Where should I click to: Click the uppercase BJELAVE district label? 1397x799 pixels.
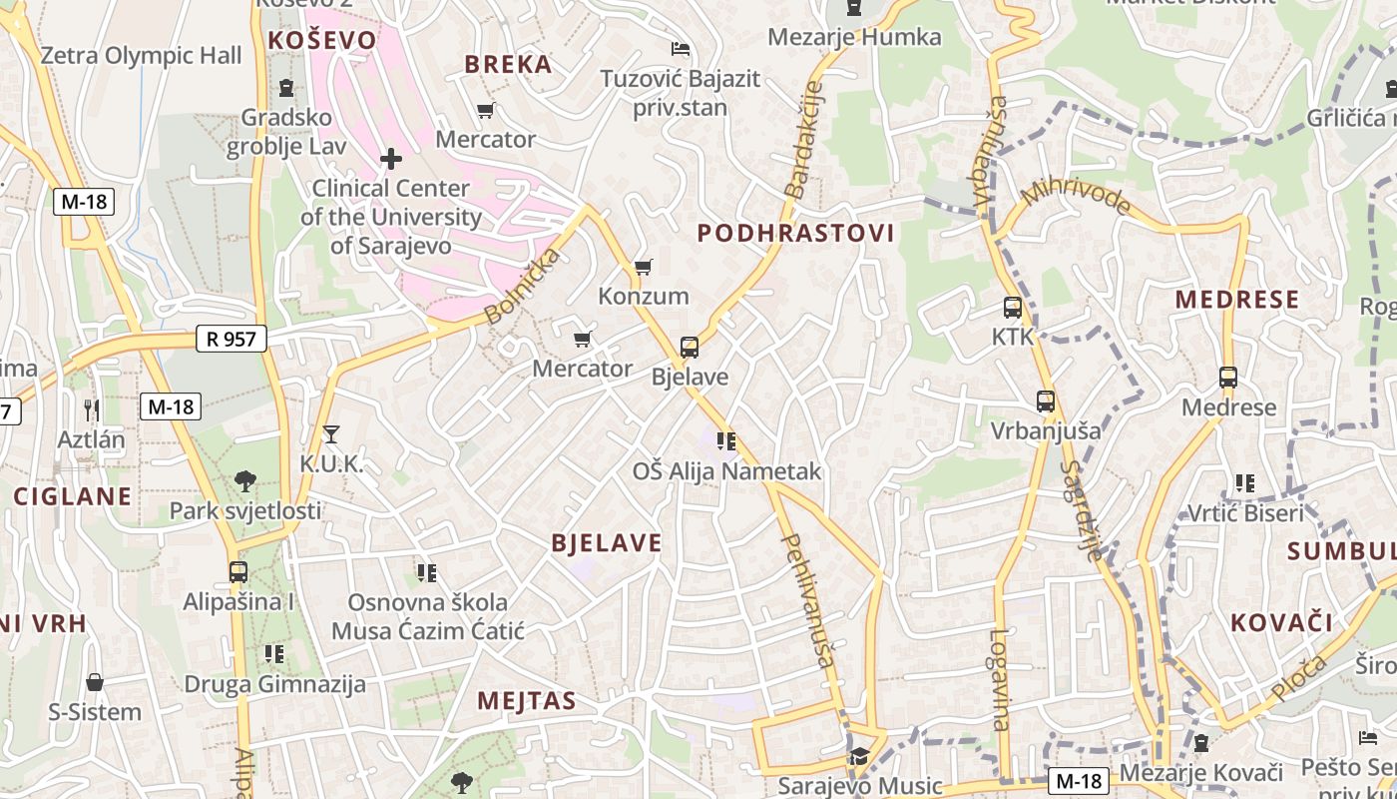[607, 542]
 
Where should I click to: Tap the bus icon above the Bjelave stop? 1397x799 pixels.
[689, 348]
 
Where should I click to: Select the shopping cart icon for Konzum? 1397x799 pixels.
[644, 267]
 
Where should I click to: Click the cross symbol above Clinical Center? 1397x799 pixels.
[390, 158]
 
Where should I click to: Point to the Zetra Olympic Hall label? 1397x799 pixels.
[141, 55]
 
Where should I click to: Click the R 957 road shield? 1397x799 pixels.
[231, 339]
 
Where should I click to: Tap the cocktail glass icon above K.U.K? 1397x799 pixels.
[331, 433]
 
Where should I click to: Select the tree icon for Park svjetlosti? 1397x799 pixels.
[245, 481]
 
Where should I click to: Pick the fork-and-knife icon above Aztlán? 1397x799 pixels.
[92, 408]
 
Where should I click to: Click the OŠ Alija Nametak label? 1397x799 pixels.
[726, 471]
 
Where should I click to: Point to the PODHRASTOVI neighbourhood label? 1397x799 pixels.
[795, 233]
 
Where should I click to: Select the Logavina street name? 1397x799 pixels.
[1000, 679]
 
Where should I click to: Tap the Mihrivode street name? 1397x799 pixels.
[1075, 197]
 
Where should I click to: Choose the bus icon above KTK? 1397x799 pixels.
[1013, 307]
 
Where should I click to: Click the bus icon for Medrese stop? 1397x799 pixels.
[1228, 378]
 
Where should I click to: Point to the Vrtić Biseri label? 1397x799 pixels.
[1244, 513]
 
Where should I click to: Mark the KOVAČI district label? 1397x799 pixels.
[1281, 622]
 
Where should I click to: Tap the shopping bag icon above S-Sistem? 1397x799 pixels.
[95, 682]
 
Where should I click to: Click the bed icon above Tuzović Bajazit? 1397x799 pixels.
[681, 48]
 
